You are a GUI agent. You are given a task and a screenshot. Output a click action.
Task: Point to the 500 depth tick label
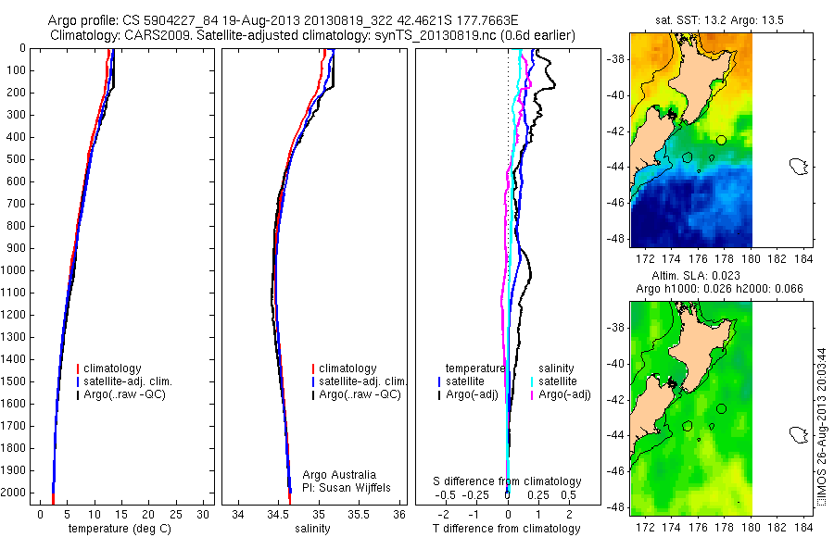pyautogui.click(x=17, y=159)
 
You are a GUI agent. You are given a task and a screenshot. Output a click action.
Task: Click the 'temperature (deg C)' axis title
pyautogui.click(x=121, y=529)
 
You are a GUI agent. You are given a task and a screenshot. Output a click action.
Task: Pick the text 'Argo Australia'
pyautogui.click(x=339, y=475)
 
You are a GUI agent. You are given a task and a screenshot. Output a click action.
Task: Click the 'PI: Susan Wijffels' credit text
pyautogui.click(x=346, y=487)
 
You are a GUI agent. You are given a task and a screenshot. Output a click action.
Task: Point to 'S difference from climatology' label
pyautogui.click(x=508, y=481)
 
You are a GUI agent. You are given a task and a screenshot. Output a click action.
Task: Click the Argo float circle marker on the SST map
pyautogui.click(x=721, y=140)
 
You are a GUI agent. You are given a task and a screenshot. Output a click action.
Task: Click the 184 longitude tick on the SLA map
pyautogui.click(x=806, y=525)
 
